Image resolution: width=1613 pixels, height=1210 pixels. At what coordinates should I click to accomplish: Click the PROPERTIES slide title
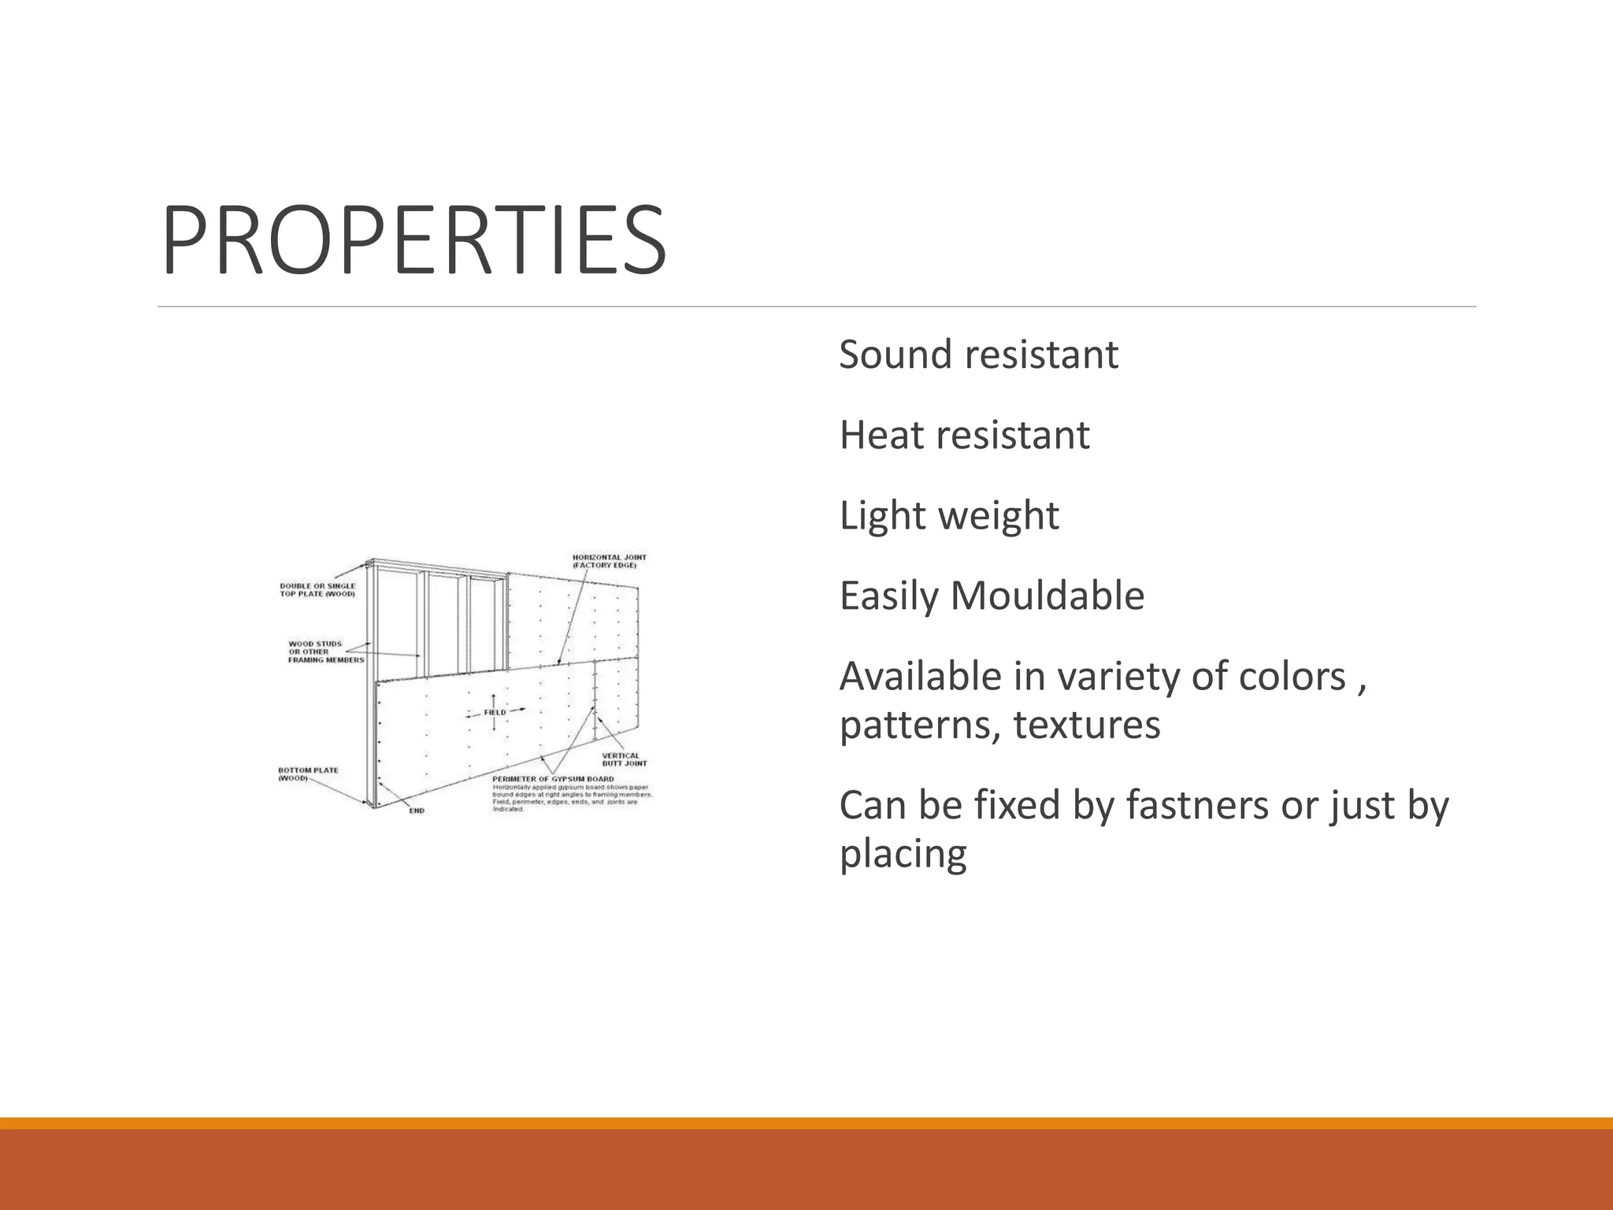414,240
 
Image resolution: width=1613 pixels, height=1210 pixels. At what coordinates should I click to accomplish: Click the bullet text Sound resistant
977,354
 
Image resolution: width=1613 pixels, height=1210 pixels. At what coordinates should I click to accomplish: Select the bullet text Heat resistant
964,435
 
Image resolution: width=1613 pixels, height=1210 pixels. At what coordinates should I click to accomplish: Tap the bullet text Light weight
948,516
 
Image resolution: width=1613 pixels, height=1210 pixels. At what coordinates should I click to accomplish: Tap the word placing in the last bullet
903,854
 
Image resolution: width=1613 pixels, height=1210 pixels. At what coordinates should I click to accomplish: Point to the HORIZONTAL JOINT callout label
609,561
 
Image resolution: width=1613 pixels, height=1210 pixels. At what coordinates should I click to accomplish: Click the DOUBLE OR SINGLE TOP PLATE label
317,590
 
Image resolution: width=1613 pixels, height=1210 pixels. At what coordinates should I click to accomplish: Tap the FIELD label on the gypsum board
495,712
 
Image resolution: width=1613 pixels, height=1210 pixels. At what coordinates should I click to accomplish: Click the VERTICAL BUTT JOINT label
625,759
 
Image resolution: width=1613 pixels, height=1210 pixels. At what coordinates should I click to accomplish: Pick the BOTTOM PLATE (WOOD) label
308,774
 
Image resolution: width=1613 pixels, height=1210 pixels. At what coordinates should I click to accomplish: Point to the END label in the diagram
417,811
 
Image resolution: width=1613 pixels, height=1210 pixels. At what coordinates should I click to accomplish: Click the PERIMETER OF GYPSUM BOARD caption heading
553,779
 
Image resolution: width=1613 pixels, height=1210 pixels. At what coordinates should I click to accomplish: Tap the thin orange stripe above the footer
806,1123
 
